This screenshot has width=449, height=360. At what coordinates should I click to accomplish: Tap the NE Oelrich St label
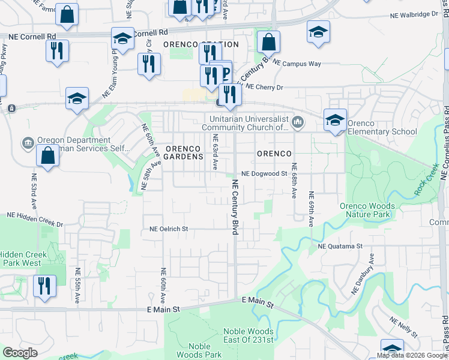[169, 229]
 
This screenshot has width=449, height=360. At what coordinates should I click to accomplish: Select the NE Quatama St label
[340, 246]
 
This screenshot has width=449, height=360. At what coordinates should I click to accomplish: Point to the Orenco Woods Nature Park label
[367, 209]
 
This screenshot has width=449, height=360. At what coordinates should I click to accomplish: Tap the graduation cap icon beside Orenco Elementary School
[335, 119]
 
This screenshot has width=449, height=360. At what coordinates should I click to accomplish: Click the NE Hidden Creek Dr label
[35, 215]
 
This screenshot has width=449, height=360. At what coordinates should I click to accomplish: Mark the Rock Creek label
[426, 179]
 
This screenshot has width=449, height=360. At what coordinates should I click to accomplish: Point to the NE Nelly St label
[403, 327]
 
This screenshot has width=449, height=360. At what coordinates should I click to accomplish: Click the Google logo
[20, 352]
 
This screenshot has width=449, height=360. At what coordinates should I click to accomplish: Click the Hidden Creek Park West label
[20, 259]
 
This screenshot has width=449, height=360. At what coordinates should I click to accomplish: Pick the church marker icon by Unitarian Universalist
[298, 124]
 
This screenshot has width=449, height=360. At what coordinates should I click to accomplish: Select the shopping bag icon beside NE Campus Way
[269, 42]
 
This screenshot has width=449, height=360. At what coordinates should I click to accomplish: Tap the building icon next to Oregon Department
[28, 143]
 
